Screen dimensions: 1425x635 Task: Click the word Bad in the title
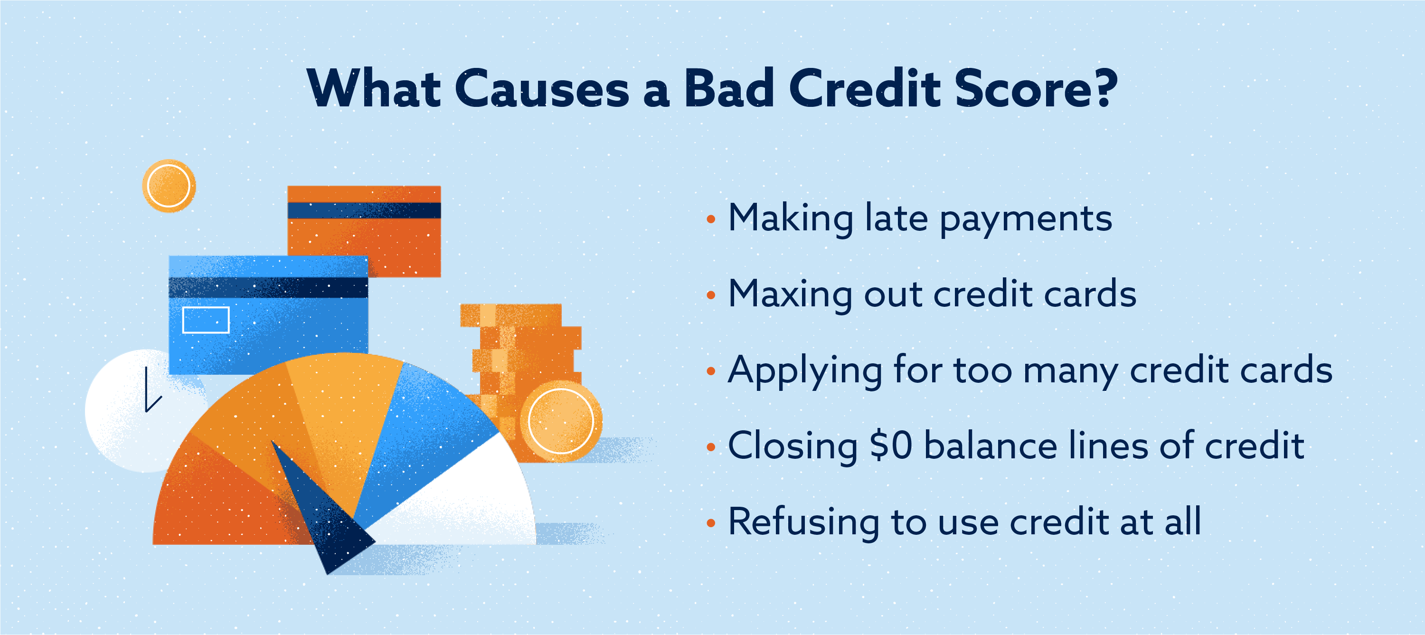click(729, 88)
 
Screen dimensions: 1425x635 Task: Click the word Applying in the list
click(805, 370)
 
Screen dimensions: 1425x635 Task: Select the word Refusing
click(804, 522)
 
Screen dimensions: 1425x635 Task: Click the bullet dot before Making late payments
click(711, 219)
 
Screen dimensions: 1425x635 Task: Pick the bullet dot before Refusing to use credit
click(711, 523)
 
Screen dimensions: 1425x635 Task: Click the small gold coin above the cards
click(169, 186)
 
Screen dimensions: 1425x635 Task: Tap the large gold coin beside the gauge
click(560, 421)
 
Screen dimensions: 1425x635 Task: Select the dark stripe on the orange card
click(364, 210)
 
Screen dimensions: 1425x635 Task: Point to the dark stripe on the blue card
click(268, 288)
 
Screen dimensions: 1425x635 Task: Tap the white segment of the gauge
click(465, 498)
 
